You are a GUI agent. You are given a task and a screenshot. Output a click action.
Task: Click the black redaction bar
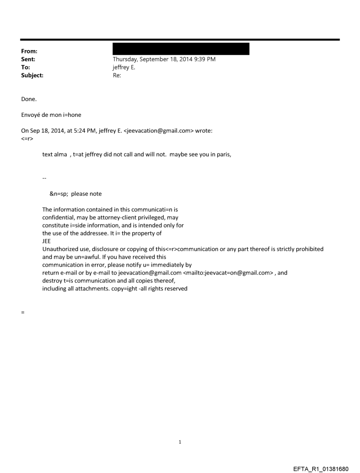pos(181,48)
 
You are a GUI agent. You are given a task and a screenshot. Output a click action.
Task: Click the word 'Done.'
pos(30,99)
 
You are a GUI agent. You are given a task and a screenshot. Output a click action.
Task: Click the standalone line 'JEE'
pos(46,241)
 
